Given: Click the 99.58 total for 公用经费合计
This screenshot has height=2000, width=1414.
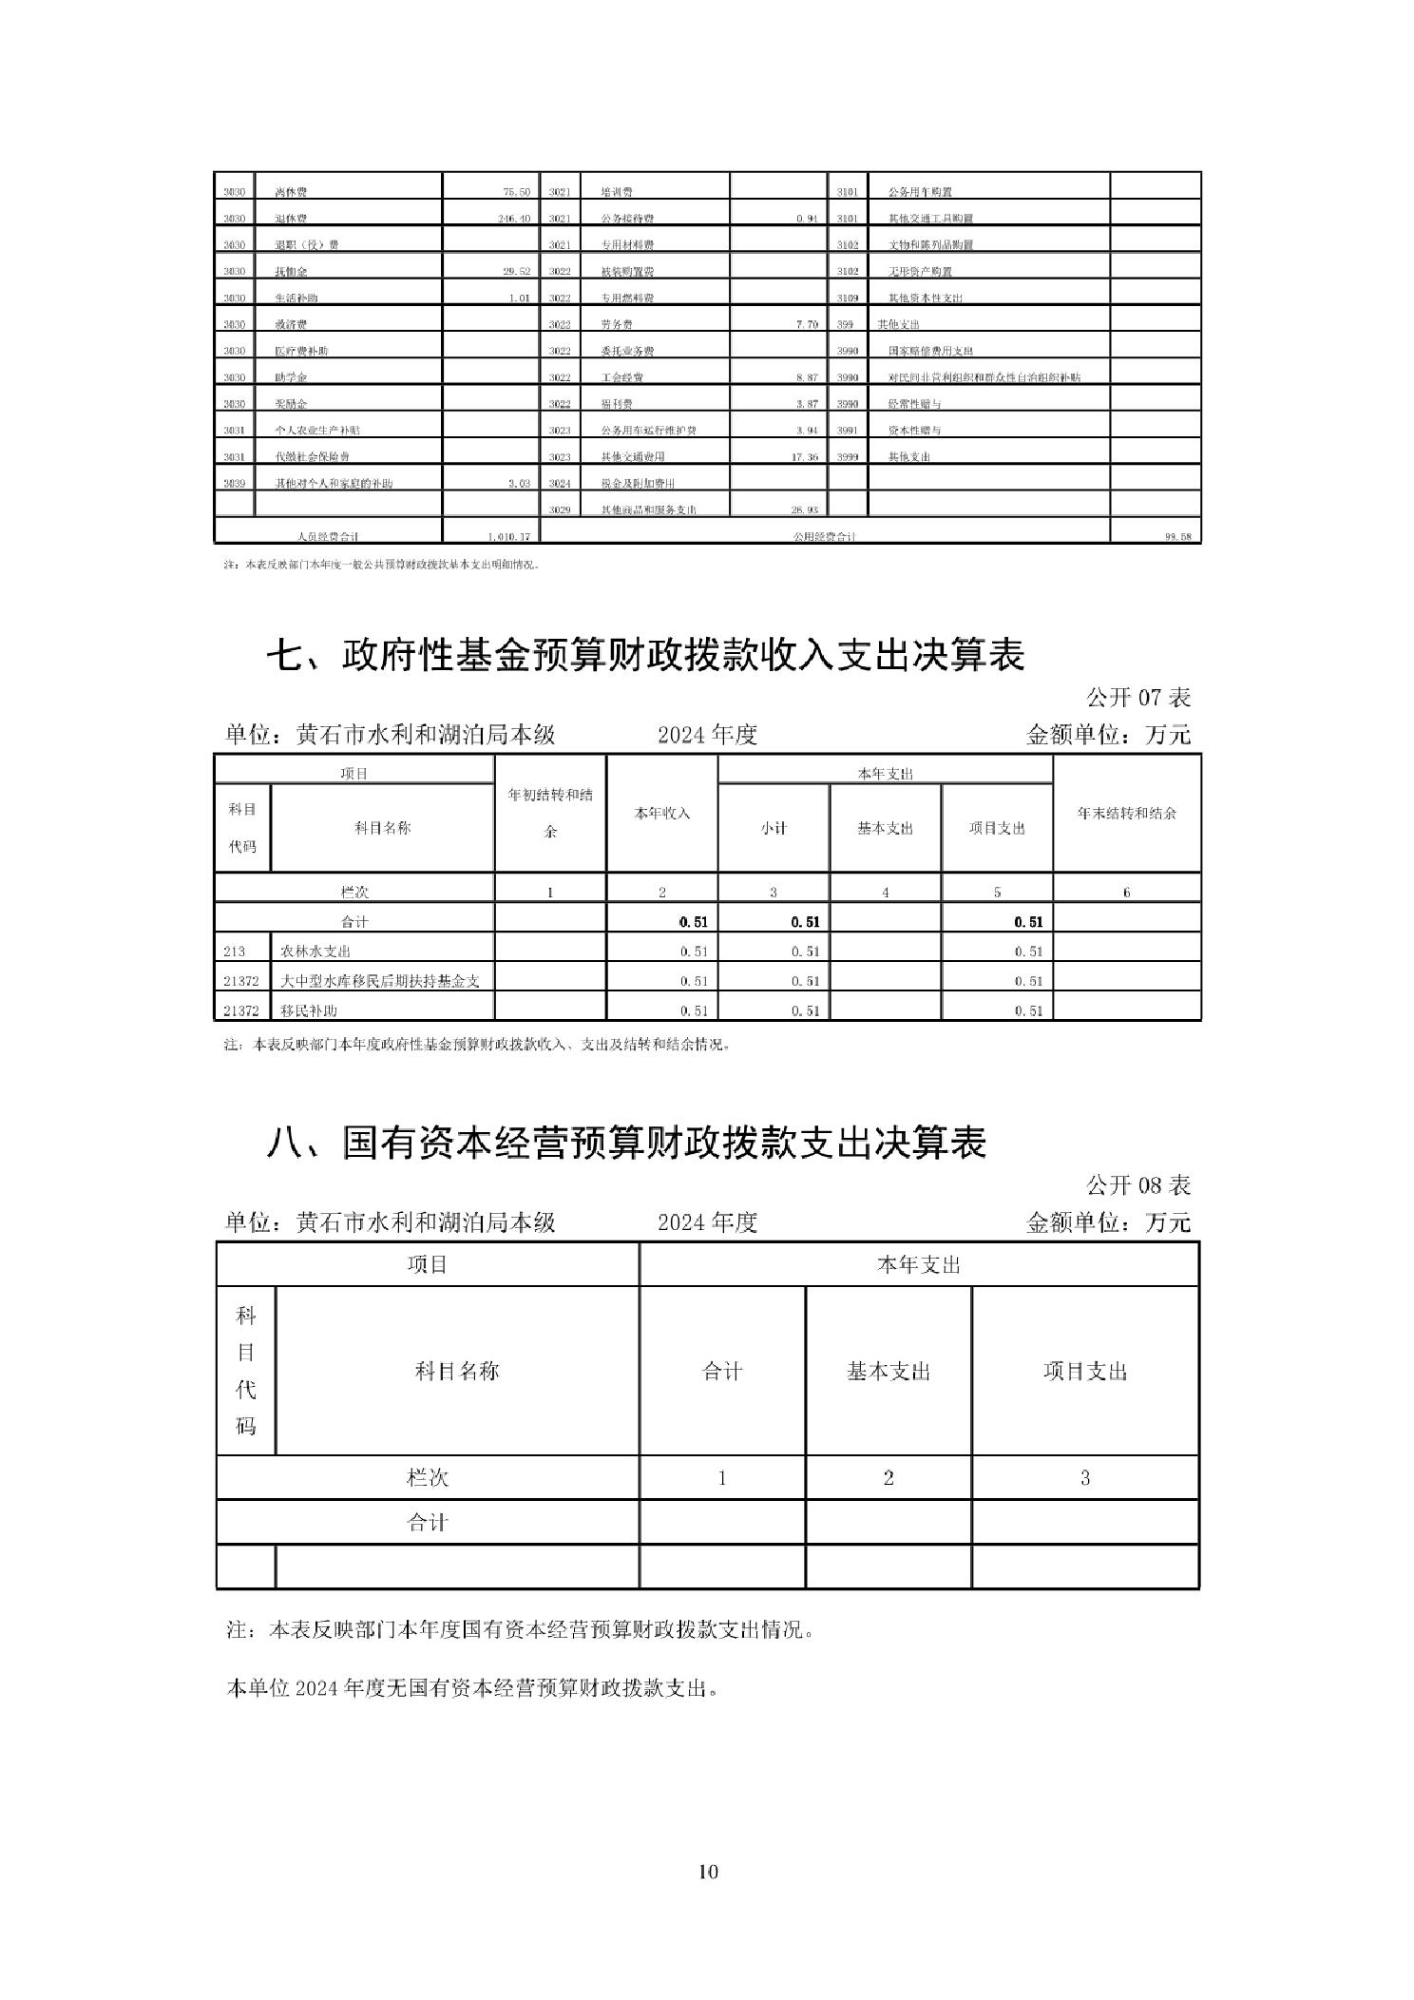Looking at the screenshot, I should click(x=1177, y=537).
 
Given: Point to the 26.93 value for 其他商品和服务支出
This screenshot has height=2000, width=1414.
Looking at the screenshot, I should click(x=805, y=510).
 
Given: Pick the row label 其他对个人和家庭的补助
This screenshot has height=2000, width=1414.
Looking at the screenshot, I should click(x=334, y=484).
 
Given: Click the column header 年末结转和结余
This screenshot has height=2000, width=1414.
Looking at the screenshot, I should click(x=1126, y=814).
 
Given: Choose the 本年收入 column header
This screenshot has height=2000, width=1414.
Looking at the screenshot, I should click(x=661, y=814).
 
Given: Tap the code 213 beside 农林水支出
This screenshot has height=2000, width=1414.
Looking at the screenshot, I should click(x=234, y=952).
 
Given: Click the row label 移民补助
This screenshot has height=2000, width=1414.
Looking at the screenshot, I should click(x=308, y=1010).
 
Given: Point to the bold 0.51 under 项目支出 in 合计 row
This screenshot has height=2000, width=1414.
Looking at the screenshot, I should click(x=1027, y=921).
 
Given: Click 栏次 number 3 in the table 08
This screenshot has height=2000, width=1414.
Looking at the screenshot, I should click(x=1084, y=1478).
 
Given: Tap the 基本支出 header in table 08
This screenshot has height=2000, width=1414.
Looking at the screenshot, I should click(x=888, y=1372).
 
